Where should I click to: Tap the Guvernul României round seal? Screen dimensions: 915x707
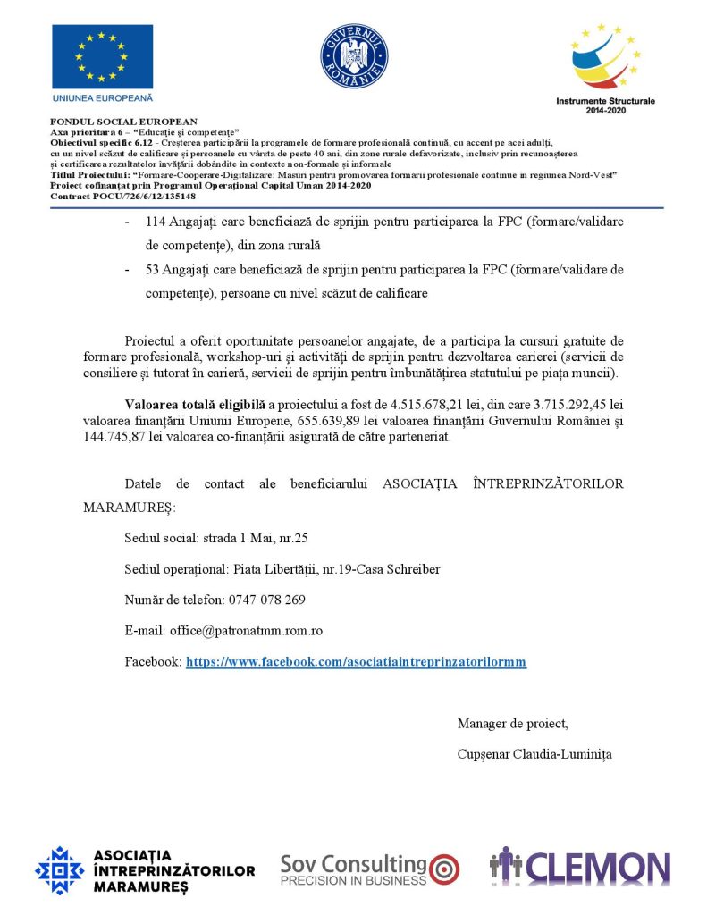[354, 56]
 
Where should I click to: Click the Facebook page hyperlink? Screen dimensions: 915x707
[356, 662]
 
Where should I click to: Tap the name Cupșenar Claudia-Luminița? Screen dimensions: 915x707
[534, 754]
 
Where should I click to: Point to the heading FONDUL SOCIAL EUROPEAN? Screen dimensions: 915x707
[124, 122]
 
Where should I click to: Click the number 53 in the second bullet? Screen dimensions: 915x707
[153, 270]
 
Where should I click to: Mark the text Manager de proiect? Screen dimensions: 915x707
[512, 723]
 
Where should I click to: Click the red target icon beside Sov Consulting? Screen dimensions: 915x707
[444, 867]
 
